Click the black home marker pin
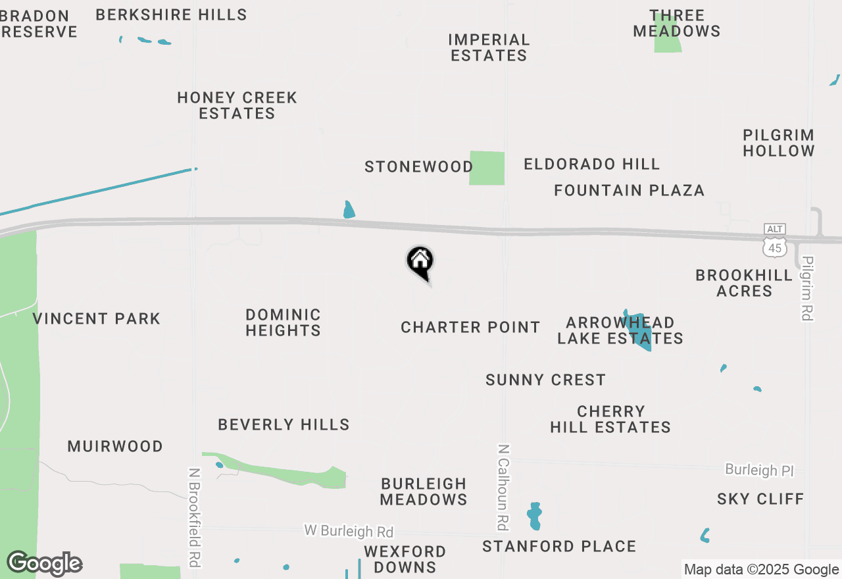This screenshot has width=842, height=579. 420,262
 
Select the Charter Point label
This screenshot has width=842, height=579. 470,327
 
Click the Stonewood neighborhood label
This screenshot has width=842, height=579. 418,166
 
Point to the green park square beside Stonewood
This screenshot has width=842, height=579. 487,168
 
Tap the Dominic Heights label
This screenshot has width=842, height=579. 283,322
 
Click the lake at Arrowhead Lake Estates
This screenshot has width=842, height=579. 639,332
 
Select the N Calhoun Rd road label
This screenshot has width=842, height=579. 503,487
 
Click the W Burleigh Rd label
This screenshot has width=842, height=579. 349,531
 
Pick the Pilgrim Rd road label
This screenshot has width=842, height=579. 807,288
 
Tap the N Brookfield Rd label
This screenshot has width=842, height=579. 194,517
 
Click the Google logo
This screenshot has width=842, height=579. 44,564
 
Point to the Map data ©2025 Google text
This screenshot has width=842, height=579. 761,570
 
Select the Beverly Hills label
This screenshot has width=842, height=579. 284,424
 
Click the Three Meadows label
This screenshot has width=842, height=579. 676,23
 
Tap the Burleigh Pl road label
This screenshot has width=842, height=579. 759,470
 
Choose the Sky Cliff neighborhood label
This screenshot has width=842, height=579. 760,499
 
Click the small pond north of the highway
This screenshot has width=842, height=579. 349,211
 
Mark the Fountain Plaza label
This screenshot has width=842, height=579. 629,190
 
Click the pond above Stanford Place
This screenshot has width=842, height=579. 534,516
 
